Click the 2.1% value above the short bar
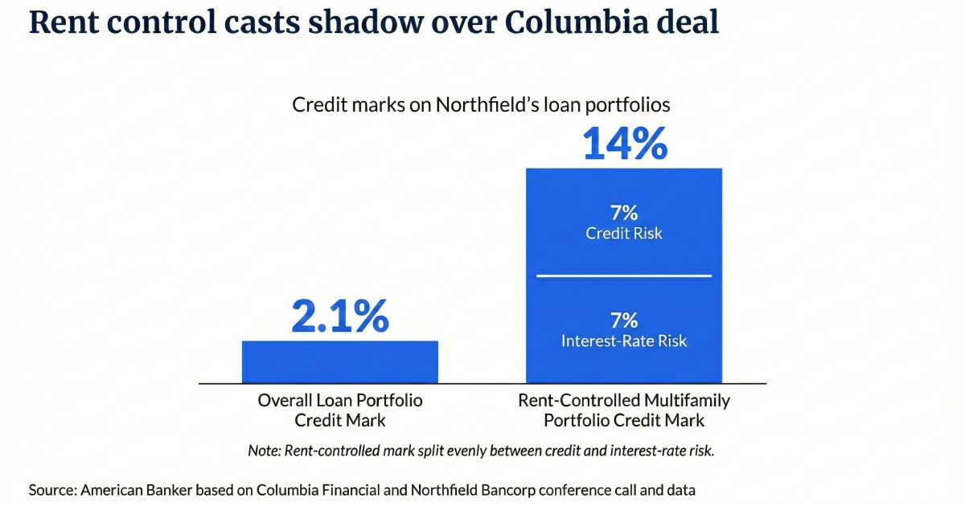click(x=339, y=316)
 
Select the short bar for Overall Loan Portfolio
click(x=339, y=362)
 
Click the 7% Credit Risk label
click(x=624, y=222)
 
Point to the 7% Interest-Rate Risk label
click(x=624, y=330)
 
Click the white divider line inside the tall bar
click(x=624, y=276)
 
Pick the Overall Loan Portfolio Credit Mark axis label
click(x=339, y=410)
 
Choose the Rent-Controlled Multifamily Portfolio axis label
click(x=624, y=410)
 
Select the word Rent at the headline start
click(x=61, y=22)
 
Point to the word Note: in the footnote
click(x=265, y=451)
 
